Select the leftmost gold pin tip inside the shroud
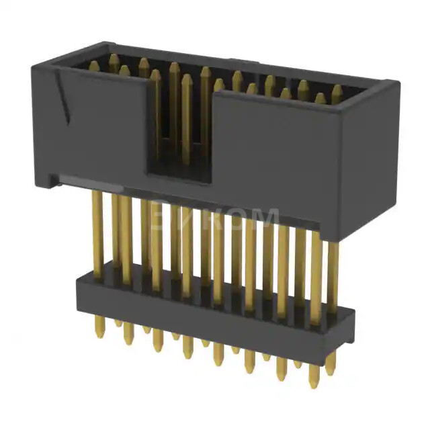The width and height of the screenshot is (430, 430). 94,65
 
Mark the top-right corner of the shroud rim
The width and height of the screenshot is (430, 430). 394,85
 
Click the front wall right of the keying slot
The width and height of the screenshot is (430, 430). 275,155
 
